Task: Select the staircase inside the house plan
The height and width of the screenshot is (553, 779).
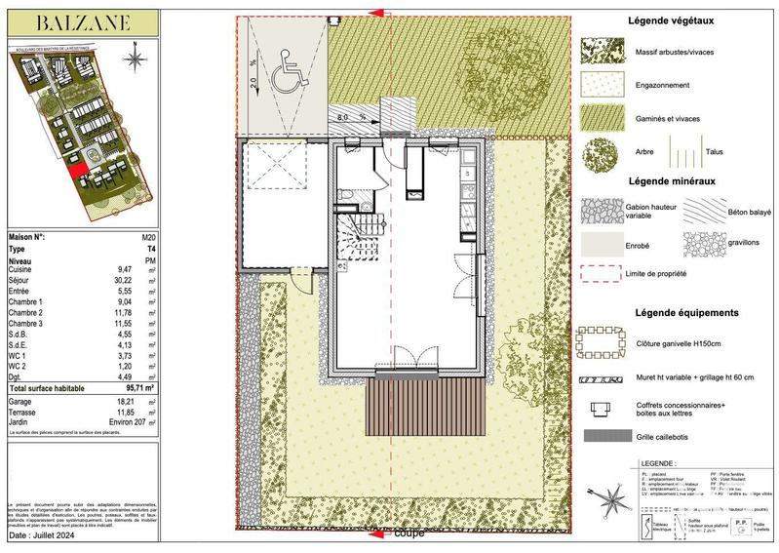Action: click(x=352, y=238)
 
